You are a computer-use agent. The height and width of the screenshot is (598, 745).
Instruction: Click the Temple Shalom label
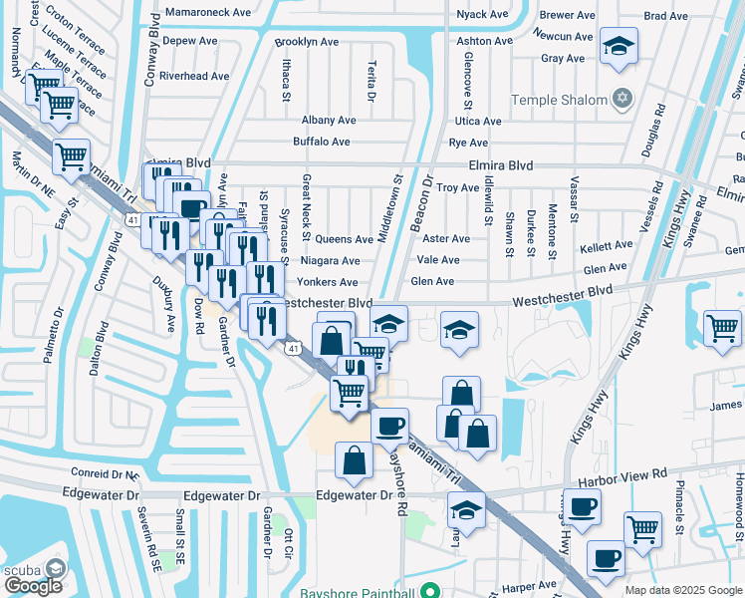coord(559,100)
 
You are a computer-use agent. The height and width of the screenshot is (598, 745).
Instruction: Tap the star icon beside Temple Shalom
coord(623,99)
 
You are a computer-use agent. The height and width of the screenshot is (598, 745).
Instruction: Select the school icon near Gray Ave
coord(619,47)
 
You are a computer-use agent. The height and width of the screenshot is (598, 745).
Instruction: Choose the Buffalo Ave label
coord(321,142)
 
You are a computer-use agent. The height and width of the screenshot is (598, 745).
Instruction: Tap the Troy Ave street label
coord(458,187)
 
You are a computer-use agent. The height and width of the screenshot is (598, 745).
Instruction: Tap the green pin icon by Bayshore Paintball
coord(430,589)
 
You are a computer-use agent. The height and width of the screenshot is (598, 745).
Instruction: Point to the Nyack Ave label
coord(484,15)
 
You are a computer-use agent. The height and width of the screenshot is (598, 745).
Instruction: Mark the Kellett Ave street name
coord(607,244)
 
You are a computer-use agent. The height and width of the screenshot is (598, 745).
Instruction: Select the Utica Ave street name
coord(478,121)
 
